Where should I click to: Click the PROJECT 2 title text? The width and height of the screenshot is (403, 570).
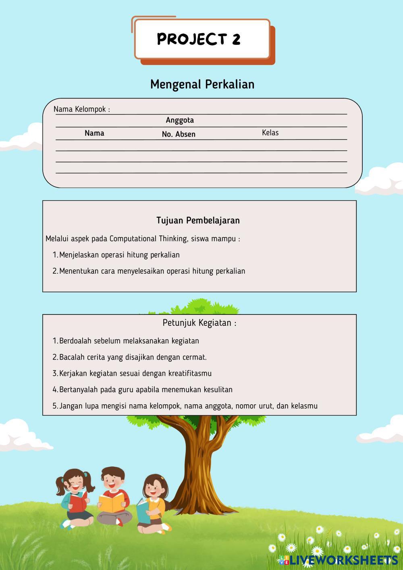point(199,39)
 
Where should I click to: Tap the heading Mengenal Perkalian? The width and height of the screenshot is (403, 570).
point(202,84)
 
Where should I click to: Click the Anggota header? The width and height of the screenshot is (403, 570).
point(180,120)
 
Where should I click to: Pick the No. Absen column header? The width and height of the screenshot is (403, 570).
point(179,134)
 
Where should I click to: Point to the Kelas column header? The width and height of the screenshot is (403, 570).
point(270,133)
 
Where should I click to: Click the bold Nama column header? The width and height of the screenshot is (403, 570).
point(94,133)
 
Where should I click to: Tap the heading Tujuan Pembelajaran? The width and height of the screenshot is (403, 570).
point(198,221)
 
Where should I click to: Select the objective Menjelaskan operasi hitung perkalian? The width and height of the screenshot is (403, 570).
point(119,255)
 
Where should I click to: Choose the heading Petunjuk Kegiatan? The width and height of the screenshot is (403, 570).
point(199,323)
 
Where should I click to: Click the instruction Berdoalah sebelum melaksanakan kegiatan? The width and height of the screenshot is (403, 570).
point(129,341)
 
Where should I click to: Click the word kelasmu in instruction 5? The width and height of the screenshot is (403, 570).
point(304,406)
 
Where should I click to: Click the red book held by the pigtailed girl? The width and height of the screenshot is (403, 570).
point(78,501)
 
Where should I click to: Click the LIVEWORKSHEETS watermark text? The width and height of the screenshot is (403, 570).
point(343,560)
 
